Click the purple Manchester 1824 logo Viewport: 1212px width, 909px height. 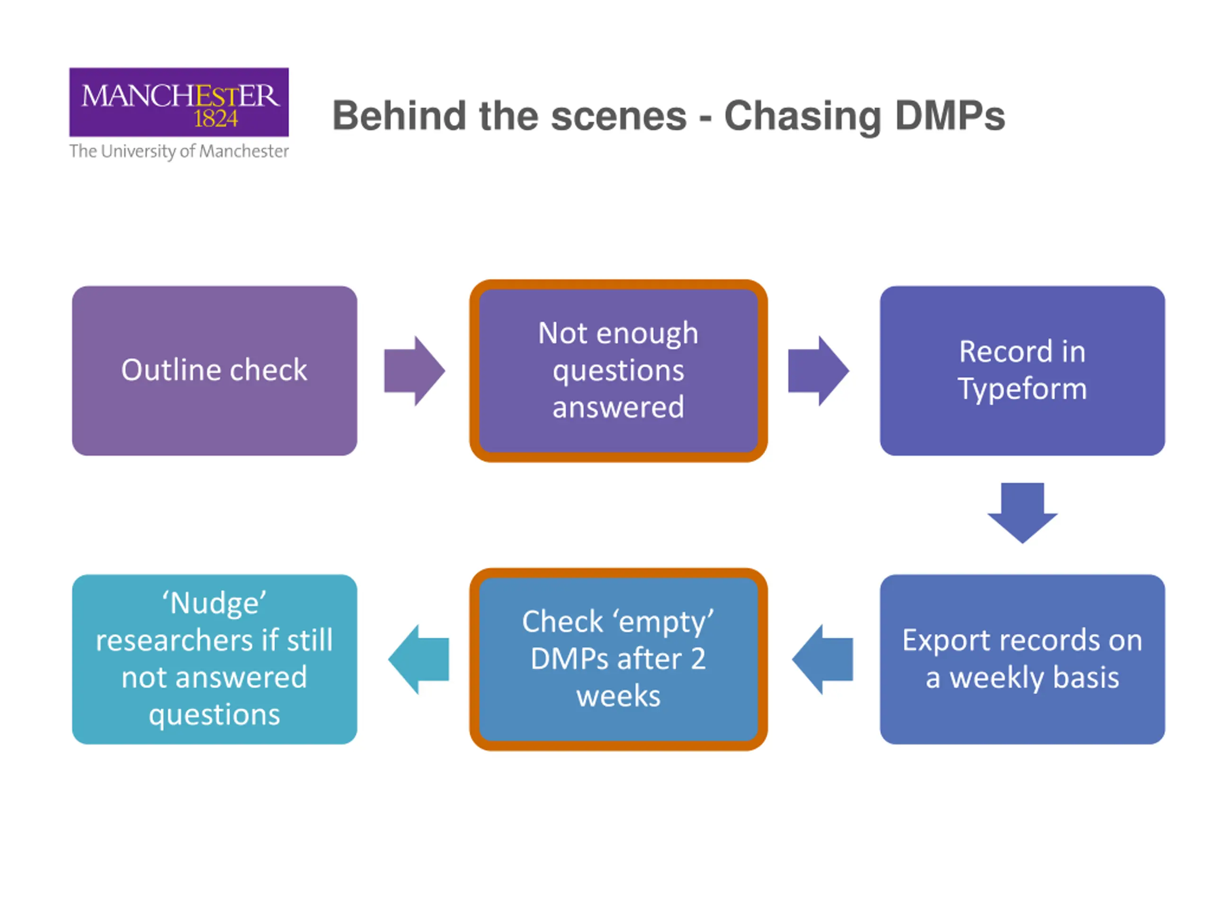point(178,102)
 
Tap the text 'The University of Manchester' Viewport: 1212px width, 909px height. point(178,151)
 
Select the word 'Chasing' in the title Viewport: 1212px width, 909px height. point(802,116)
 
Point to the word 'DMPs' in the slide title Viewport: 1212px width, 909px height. point(950,116)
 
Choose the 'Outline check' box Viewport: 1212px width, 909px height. point(214,370)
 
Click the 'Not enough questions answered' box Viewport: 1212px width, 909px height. point(618,370)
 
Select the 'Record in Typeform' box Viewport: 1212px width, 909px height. point(1022,370)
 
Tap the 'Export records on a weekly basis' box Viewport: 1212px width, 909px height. point(1022,659)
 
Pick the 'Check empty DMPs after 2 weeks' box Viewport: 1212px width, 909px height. point(618,659)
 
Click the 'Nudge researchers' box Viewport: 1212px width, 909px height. point(214,659)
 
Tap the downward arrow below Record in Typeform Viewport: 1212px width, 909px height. point(1022,512)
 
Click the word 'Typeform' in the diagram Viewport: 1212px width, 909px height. point(1022,389)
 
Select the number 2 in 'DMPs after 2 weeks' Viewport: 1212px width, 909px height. point(697,659)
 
